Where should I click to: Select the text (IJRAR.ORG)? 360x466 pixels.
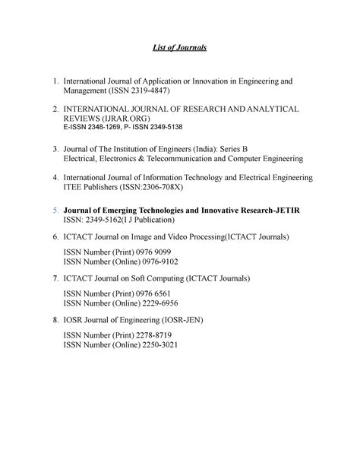pyautogui.click(x=125, y=120)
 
